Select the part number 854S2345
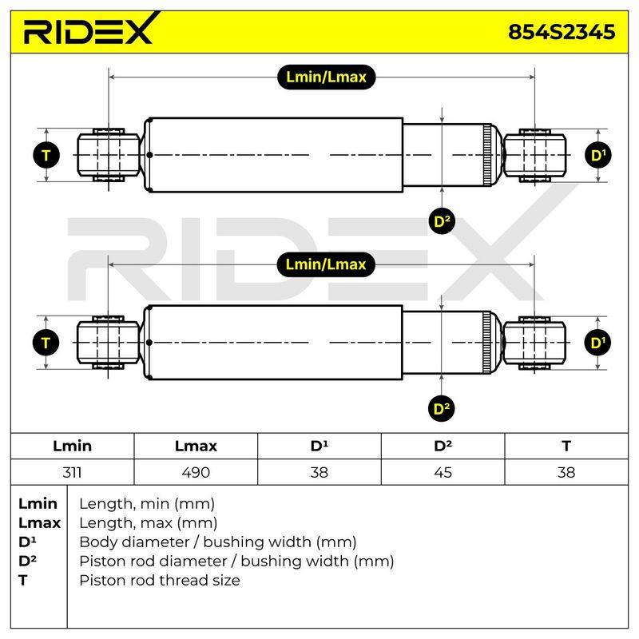(562, 32)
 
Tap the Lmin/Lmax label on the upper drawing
(326, 77)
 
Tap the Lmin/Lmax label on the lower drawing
(326, 264)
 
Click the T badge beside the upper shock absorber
(46, 155)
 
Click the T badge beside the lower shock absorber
(46, 343)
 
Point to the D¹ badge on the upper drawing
(597, 155)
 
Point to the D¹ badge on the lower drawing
(597, 343)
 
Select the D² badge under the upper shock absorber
(443, 221)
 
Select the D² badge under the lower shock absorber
(442, 408)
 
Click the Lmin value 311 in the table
(72, 472)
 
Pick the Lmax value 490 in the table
(196, 472)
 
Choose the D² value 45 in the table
(443, 472)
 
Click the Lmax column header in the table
(196, 446)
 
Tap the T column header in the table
(566, 446)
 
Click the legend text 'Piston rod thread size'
(160, 580)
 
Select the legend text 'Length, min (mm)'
(147, 504)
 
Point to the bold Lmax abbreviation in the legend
(39, 522)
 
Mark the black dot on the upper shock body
(149, 155)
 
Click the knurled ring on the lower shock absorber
(486, 343)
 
